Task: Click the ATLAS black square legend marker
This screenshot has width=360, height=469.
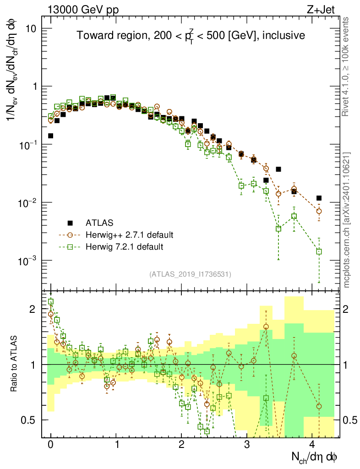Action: coord(70,223)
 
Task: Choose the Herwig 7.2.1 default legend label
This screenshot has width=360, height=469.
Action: coord(124,247)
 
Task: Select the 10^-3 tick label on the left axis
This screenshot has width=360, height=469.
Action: coord(27,261)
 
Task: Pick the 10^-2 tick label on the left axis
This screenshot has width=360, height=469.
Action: coord(27,203)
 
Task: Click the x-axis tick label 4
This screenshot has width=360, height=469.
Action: coord(312,445)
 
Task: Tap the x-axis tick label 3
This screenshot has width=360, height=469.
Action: coord(247,445)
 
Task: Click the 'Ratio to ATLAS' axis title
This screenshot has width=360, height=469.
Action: coord(15,364)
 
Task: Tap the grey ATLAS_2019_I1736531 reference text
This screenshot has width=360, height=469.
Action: coord(190,274)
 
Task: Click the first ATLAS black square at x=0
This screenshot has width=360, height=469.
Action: coord(51,136)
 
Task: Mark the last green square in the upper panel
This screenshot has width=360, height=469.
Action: coord(319,251)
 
